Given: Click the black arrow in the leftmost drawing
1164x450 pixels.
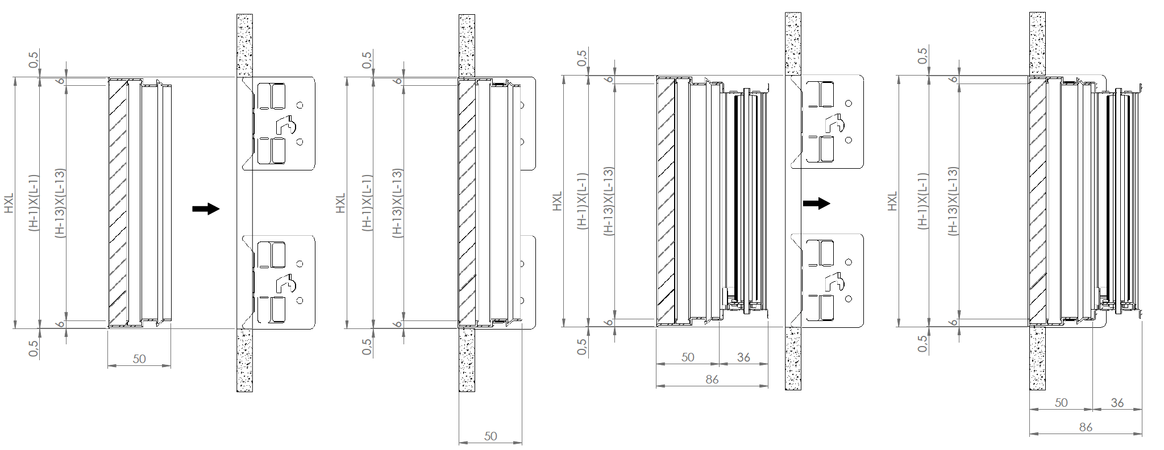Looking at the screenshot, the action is coord(206,209).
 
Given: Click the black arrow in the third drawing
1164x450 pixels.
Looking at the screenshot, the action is coord(817,203).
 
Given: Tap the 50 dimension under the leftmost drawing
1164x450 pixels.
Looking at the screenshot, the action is coord(139,359).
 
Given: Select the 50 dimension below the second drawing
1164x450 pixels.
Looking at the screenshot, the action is coord(490,436).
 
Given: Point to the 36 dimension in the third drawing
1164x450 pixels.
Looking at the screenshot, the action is coord(743,357).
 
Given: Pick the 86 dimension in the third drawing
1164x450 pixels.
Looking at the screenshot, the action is coord(712,380).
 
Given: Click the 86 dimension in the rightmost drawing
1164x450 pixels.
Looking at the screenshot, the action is coord(1086,427).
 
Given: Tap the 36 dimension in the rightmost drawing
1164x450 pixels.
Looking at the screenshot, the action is coord(1117,402).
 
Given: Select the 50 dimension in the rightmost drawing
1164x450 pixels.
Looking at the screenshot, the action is coord(1061,402).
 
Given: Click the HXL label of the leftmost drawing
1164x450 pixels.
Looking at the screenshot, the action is coord(10,203).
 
